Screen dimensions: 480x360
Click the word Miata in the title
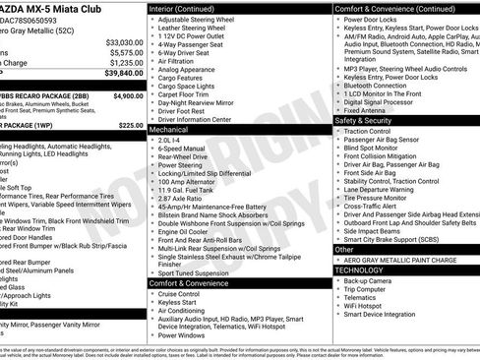tap(59, 8)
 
